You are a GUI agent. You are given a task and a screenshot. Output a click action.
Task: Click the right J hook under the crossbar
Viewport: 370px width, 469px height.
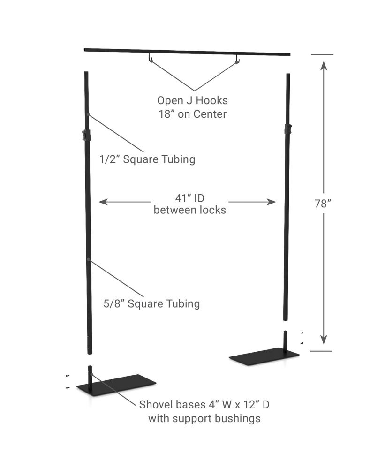click(237, 59)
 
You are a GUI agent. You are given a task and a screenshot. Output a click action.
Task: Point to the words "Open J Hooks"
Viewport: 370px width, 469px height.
click(192, 100)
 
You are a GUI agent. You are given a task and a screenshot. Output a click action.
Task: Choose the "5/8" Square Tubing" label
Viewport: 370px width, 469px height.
click(151, 303)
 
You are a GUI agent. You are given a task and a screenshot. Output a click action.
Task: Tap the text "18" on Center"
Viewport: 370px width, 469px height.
click(192, 113)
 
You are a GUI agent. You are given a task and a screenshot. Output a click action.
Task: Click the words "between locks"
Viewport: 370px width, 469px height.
click(190, 210)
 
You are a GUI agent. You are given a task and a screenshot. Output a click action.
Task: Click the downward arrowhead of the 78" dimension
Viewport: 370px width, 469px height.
click(324, 340)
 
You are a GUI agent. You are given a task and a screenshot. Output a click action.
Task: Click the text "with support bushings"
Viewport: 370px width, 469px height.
click(204, 418)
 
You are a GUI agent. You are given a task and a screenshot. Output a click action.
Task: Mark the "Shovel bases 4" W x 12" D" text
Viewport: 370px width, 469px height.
click(204, 404)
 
